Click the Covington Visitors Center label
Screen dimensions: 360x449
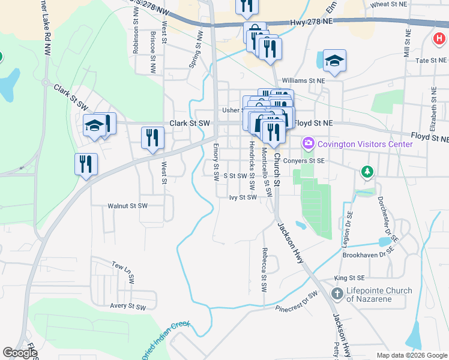pyautogui.click(x=365, y=144)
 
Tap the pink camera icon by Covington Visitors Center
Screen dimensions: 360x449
pyautogui.click(x=309, y=143)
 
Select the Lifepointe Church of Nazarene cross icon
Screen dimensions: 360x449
pyautogui.click(x=337, y=295)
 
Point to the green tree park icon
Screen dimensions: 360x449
pyautogui.click(x=366, y=172)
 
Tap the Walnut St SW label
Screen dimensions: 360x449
pyautogui.click(x=127, y=206)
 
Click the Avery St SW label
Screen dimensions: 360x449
pyautogui.click(x=128, y=307)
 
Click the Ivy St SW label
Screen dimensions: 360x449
pyautogui.click(x=243, y=197)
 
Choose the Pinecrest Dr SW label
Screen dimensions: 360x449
pyautogui.click(x=296, y=304)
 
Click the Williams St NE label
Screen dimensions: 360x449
pyautogui.click(x=303, y=80)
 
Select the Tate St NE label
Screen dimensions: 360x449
pyautogui.click(x=431, y=61)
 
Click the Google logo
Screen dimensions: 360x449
pyautogui.click(x=19, y=353)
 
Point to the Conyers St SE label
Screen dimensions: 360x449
pyautogui.click(x=304, y=161)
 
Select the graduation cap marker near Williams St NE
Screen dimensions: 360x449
pyautogui.click(x=335, y=61)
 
